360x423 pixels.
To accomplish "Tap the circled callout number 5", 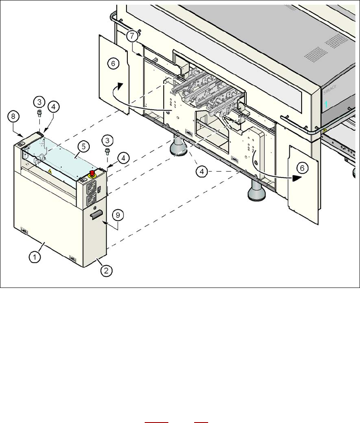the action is click(83, 146).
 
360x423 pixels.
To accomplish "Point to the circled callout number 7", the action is click(132, 35).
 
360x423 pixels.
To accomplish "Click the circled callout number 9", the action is click(118, 216).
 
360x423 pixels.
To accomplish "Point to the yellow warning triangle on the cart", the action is click(50, 171).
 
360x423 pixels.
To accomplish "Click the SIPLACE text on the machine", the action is click(330, 90).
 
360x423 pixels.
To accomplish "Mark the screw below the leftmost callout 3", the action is click(39, 113).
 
